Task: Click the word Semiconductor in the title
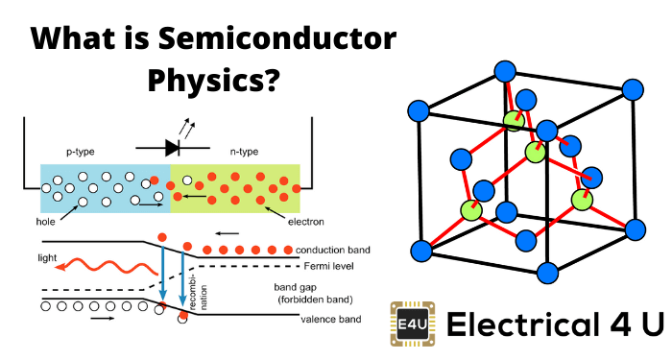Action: pos(276,38)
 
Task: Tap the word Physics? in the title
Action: pos(213,81)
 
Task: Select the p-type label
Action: pos(81,152)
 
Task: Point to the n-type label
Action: pos(244,152)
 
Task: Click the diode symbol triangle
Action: pos(172,148)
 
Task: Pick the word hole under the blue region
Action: pos(45,222)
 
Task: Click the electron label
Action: pos(306,222)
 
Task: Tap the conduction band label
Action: pos(333,250)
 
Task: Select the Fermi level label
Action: pos(328,266)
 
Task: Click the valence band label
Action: pos(331,320)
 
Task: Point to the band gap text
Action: pos(296,288)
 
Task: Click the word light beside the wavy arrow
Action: pos(47,257)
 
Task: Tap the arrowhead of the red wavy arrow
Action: pos(60,268)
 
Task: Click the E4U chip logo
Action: pos(413,324)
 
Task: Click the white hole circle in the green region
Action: pos(187,180)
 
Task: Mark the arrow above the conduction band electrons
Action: pos(228,233)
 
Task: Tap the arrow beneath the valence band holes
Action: pos(103,319)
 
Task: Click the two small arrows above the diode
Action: pos(187,127)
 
